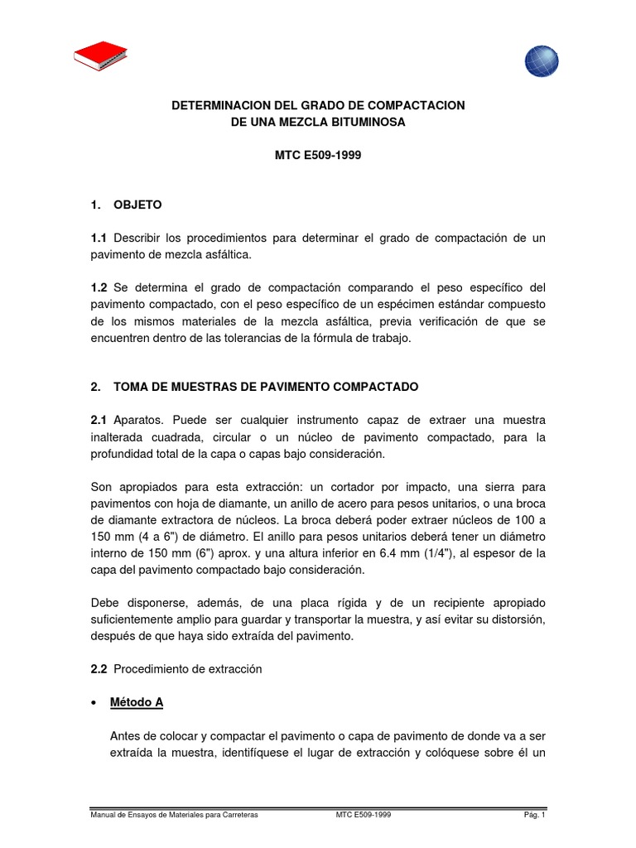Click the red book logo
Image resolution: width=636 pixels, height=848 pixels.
coord(100,57)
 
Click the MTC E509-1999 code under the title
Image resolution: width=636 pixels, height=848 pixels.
coord(317,155)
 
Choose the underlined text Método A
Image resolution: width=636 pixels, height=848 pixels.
coord(137,702)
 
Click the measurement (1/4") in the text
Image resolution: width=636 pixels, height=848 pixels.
coord(441,553)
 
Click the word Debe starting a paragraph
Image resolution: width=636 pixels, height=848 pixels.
coord(104,603)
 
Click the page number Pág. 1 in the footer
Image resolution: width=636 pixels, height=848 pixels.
coord(532,815)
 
